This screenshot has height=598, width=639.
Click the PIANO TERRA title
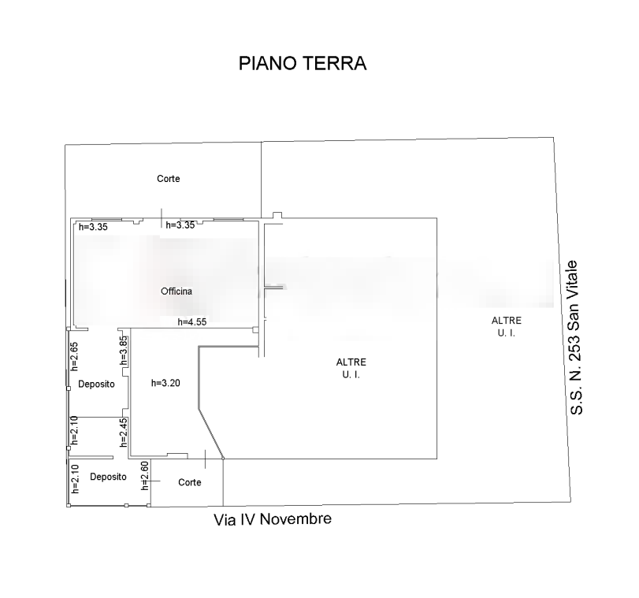click(x=303, y=64)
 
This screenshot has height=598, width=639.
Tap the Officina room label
click(x=176, y=291)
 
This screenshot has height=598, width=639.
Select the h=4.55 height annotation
click(x=192, y=322)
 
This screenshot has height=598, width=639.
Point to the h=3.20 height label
click(x=165, y=383)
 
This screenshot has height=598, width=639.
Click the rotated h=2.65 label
click(x=74, y=356)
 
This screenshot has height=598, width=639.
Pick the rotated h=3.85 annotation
click(x=124, y=351)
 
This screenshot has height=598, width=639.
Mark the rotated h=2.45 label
click(x=124, y=433)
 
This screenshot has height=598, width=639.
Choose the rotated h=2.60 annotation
click(x=145, y=476)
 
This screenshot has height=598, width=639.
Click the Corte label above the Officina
click(x=169, y=179)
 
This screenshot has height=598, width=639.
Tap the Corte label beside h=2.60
click(x=190, y=482)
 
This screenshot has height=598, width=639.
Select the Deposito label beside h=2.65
click(x=96, y=384)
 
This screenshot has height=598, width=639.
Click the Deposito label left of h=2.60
click(x=108, y=477)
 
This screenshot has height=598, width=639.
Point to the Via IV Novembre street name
click(x=273, y=519)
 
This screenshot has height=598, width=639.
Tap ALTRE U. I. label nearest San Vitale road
click(x=506, y=326)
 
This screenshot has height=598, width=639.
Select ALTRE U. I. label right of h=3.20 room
click(x=351, y=368)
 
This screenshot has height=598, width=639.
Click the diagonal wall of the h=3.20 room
click(x=210, y=433)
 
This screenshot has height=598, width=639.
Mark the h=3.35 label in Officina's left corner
click(x=93, y=227)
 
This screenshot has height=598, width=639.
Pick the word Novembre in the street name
click(x=295, y=519)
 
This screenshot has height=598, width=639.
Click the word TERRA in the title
click(x=335, y=64)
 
